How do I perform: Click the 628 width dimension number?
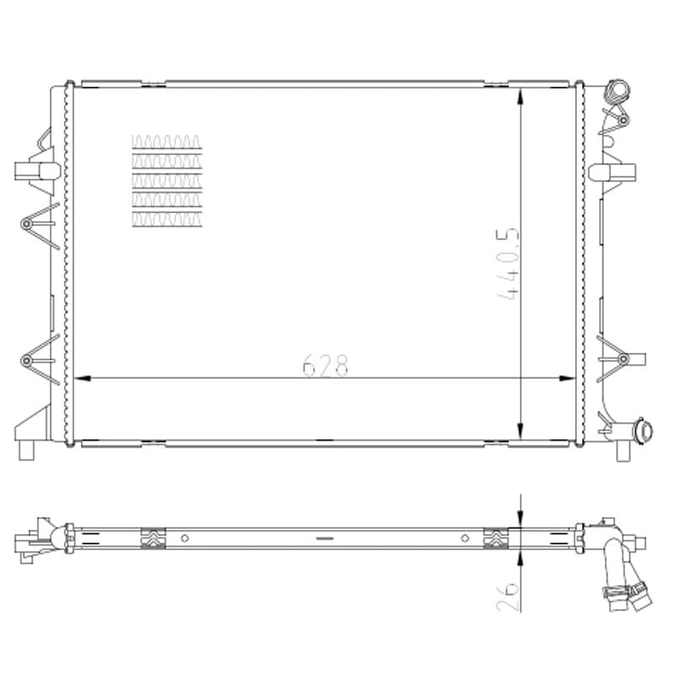click(325, 366)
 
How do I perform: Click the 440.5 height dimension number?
click(508, 264)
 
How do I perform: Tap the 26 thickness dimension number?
click(508, 597)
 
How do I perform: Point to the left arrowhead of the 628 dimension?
click(82, 378)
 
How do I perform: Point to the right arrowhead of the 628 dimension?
click(566, 378)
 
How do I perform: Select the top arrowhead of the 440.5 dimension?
click(521, 96)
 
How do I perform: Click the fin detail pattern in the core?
click(167, 181)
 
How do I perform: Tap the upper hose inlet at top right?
click(618, 91)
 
